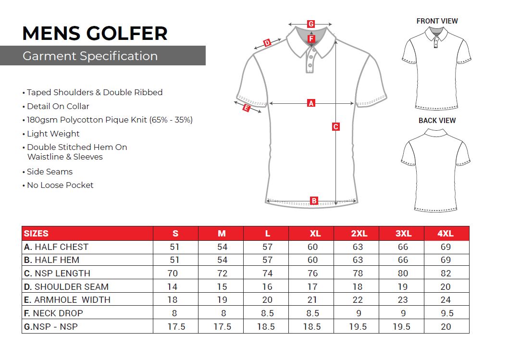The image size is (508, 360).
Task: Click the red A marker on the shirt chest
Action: coord(311,103)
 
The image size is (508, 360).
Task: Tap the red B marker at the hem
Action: coord(314,200)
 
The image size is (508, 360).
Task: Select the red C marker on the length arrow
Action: coord(336,127)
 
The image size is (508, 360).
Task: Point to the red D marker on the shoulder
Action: coord(268,43)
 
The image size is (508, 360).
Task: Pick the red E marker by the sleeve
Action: coord(246,108)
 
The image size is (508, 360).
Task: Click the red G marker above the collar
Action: coord(311,24)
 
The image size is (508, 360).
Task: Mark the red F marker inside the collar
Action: coord(311,38)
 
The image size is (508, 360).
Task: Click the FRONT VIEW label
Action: coord(437,21)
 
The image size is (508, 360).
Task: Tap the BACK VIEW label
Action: coord(437,121)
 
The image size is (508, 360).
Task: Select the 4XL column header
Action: coord(446,234)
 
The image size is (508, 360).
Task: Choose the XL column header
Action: coord(315,234)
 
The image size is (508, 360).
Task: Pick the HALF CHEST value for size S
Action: coord(175,247)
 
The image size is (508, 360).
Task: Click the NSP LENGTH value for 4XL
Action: coord(446,273)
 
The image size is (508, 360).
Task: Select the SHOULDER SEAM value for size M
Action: coord(222,287)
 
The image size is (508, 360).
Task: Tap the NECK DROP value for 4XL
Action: coord(446,313)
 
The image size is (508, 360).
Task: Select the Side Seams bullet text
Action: coord(50,172)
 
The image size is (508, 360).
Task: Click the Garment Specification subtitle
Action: coord(90,56)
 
